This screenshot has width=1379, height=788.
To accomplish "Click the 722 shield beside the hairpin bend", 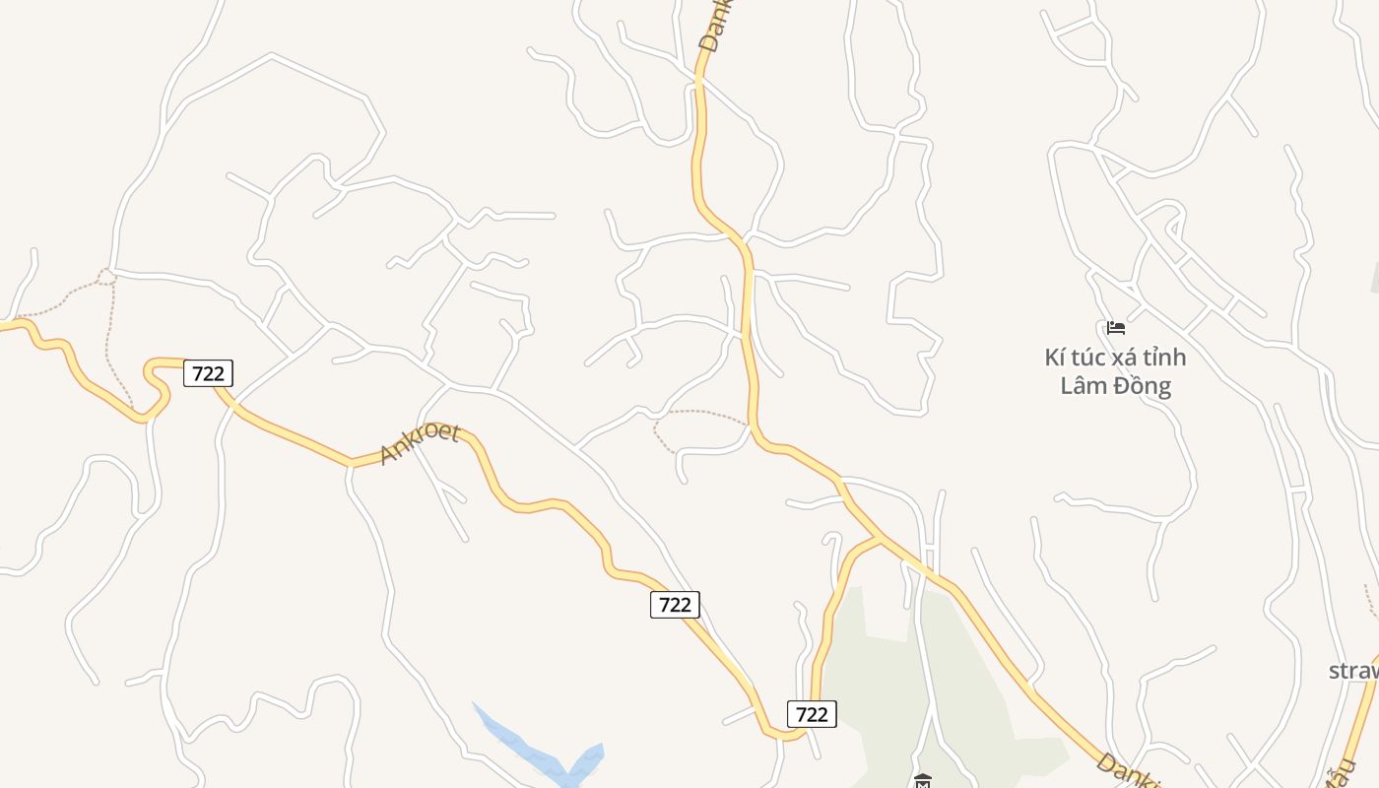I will point(208,373).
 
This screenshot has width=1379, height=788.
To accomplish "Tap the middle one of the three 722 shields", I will point(675,604).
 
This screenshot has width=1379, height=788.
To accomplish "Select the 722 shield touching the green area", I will point(812,713).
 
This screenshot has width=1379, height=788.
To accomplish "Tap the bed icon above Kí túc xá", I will point(1115,327).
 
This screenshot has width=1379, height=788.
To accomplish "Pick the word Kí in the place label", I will point(1055,357).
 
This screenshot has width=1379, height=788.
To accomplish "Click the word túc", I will point(1089,357).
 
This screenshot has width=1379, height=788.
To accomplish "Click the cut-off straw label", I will point(1354,671).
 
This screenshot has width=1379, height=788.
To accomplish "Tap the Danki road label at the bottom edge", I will point(1128,771).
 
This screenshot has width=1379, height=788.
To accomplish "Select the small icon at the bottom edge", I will point(923,780).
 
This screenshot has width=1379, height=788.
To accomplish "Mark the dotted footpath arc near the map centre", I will point(699,414).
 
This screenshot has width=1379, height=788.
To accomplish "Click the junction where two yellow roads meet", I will point(880,538).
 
